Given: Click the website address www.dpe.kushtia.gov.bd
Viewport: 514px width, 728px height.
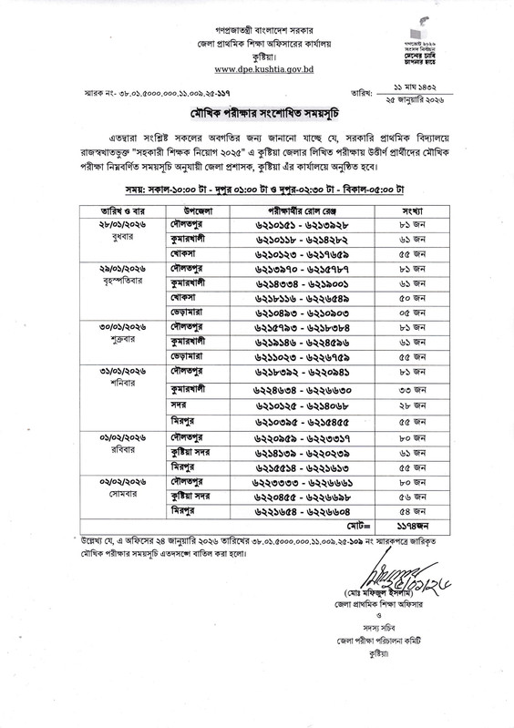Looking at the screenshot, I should coord(259,69).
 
